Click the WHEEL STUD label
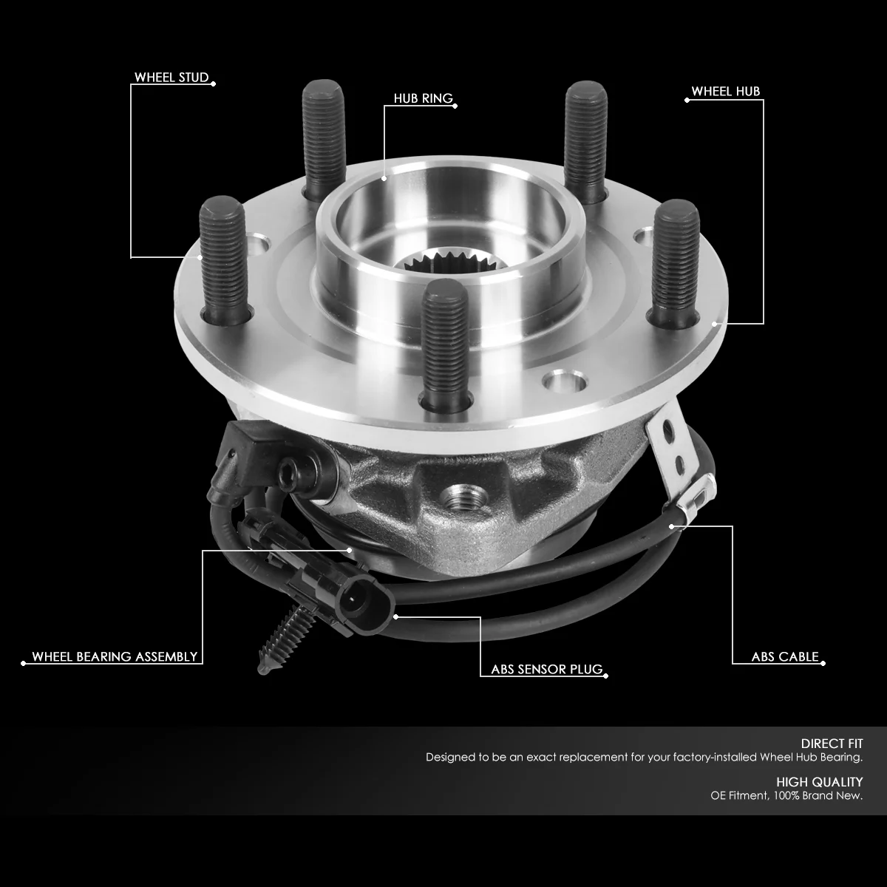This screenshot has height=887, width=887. [171, 78]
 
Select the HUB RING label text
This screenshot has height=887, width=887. [423, 99]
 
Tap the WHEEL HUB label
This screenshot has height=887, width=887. [725, 92]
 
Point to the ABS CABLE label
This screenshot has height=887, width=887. [784, 656]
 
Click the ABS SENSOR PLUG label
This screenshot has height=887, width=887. [547, 670]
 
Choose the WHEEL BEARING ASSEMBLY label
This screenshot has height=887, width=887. [115, 656]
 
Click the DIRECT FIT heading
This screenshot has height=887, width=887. [832, 744]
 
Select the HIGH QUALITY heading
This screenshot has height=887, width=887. [819, 781]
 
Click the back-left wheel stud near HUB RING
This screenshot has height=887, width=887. [324, 137]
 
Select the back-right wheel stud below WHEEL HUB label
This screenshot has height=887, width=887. [585, 137]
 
